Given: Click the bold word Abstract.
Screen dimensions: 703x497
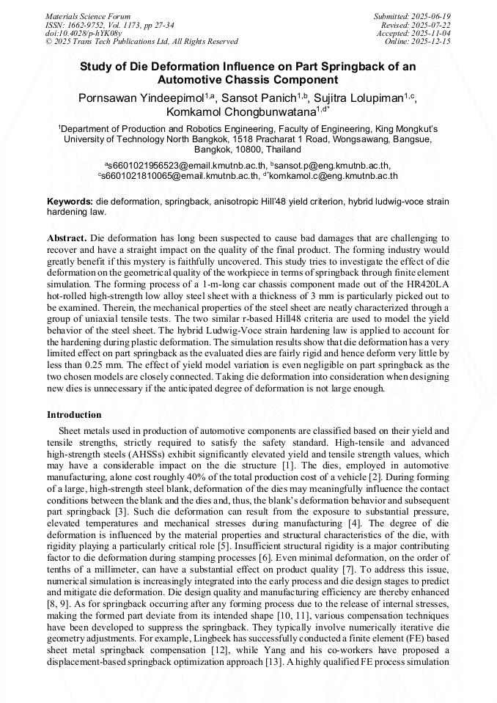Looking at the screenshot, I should click(67, 239).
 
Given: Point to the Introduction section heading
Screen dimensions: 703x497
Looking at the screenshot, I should click(74, 415).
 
